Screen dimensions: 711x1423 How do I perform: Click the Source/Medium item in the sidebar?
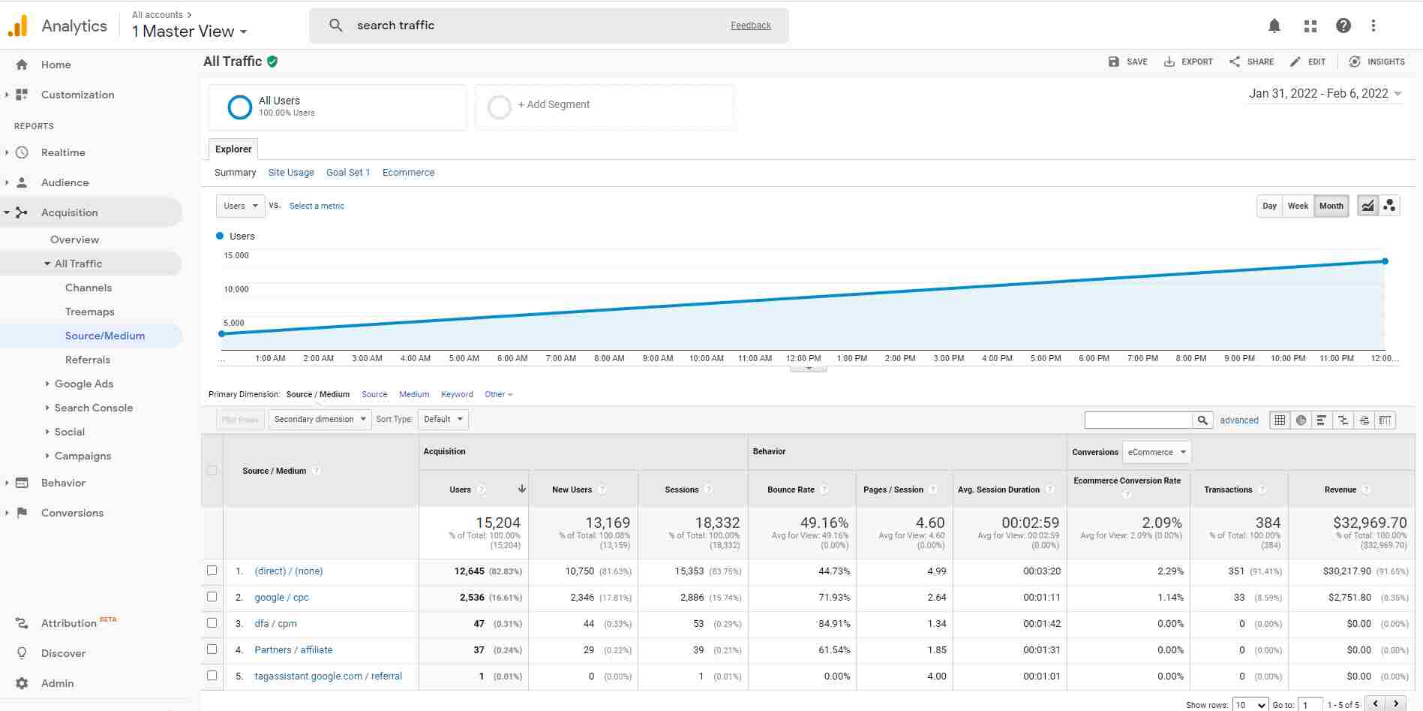[105, 336]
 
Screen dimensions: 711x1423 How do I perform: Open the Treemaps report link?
[89, 312]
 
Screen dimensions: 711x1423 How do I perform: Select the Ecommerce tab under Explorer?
[408, 173]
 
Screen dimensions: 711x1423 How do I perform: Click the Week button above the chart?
[1298, 206]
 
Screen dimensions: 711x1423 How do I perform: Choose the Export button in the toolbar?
[1188, 62]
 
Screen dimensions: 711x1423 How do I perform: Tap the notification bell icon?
[1274, 26]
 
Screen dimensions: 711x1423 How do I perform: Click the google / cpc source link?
[281, 598]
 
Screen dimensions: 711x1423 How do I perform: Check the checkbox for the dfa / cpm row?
[212, 623]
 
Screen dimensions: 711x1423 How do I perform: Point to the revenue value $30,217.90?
[1346, 571]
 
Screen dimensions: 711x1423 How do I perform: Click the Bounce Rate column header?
[791, 490]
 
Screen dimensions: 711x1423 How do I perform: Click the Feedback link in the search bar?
[751, 26]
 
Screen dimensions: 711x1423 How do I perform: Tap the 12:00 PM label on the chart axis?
[803, 359]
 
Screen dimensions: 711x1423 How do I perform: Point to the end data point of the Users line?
[1385, 261]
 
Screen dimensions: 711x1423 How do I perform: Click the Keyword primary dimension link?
[457, 394]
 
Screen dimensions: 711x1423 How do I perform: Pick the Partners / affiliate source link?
[293, 650]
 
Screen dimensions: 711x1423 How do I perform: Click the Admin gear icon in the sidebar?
[22, 683]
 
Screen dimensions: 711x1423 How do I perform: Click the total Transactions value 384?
[1268, 523]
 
